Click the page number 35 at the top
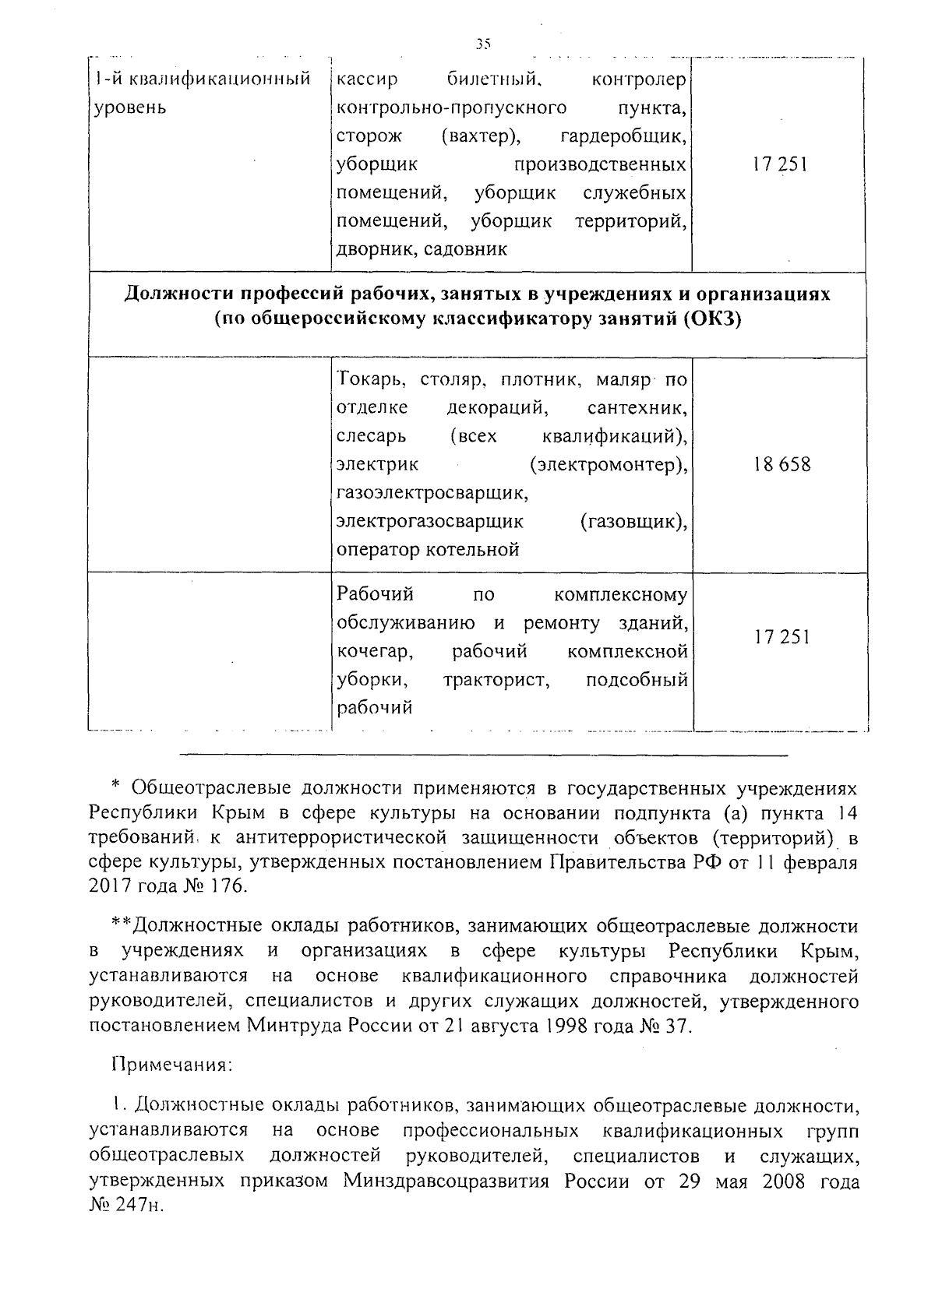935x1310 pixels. click(x=483, y=44)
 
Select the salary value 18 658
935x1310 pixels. click(x=782, y=465)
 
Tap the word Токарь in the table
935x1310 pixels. click(x=370, y=380)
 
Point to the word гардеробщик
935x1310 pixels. click(x=623, y=137)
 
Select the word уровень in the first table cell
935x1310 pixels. click(x=130, y=107)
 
